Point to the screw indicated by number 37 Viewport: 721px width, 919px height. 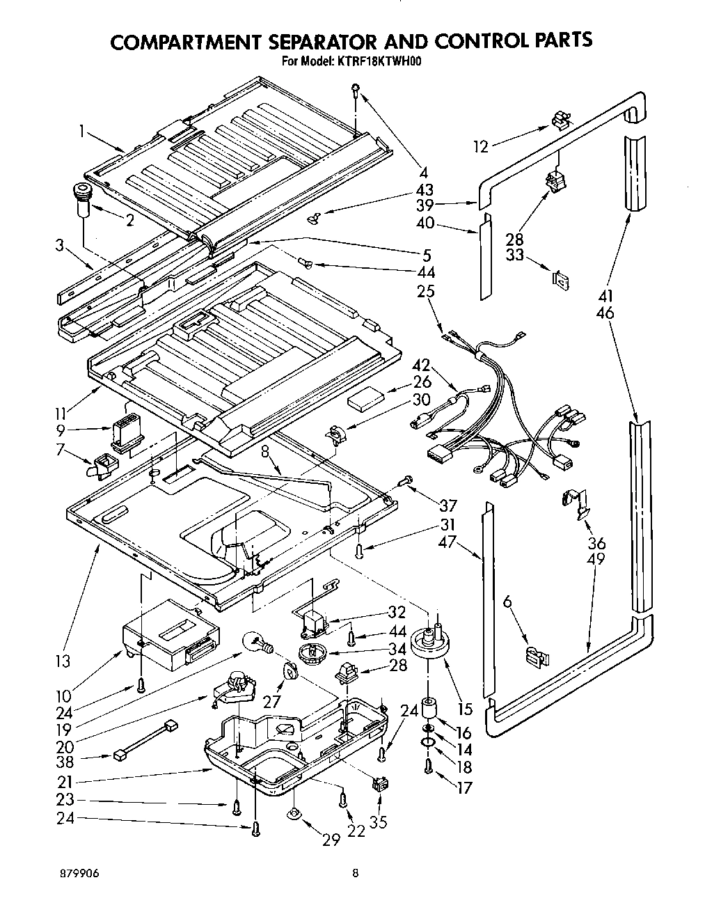tap(406, 480)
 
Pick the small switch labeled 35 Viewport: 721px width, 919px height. tap(379, 784)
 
